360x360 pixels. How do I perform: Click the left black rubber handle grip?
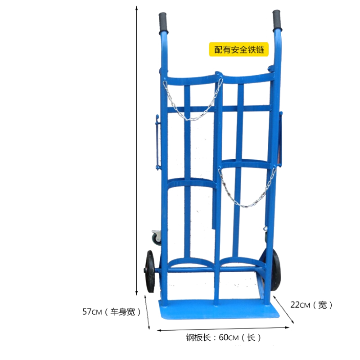click(163, 23)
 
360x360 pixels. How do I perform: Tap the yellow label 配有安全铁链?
click(239, 49)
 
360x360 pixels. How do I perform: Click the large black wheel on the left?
click(150, 271)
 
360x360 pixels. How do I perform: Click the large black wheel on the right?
click(275, 270)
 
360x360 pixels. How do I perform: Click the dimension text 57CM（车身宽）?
click(111, 312)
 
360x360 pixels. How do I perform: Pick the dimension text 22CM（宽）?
click(311, 305)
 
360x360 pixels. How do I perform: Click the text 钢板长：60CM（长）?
click(223, 337)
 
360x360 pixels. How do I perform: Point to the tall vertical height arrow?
click(137, 151)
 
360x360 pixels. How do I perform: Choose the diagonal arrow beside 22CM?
click(283, 310)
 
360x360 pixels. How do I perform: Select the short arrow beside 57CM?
click(147, 312)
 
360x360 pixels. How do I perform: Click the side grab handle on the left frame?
click(157, 142)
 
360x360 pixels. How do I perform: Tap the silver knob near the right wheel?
click(265, 229)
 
